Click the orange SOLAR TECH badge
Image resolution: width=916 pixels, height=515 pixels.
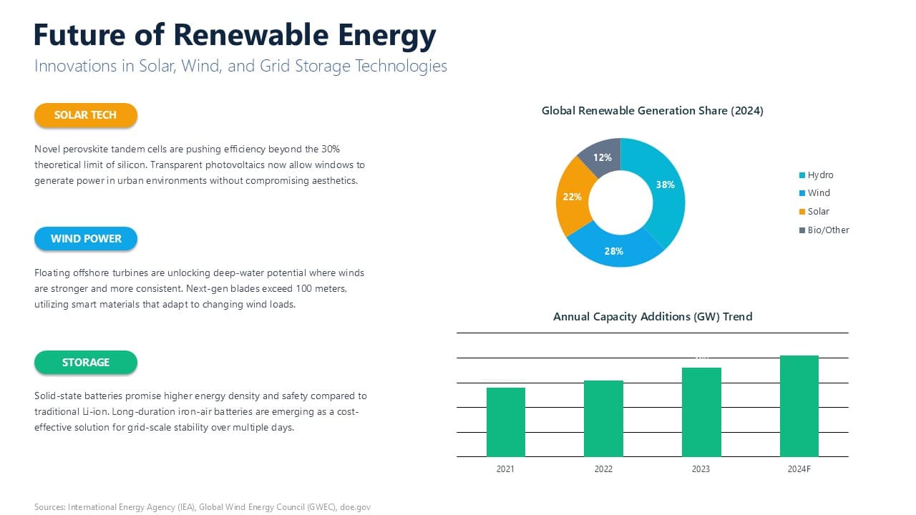pyautogui.click(x=85, y=115)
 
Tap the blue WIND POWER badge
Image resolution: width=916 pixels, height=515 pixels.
pyautogui.click(x=85, y=239)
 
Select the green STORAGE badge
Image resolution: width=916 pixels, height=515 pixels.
pyautogui.click(x=85, y=363)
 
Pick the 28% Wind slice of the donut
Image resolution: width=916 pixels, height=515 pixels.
pyautogui.click(x=614, y=251)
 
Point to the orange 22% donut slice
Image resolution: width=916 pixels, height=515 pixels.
pyautogui.click(x=572, y=197)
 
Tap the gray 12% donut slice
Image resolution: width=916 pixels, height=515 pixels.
pyautogui.click(x=602, y=155)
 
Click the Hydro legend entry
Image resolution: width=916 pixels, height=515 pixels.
pyautogui.click(x=820, y=175)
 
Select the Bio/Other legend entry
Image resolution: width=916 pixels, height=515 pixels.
pyautogui.click(x=828, y=230)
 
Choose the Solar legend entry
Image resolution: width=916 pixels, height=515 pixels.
pyautogui.click(x=818, y=212)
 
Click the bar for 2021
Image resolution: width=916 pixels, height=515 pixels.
pyautogui.click(x=506, y=422)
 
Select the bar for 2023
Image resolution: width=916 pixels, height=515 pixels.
pyautogui.click(x=701, y=412)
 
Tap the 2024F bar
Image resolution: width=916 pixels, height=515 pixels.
pyautogui.click(x=799, y=406)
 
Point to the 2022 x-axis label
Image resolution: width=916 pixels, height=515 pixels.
pyautogui.click(x=603, y=469)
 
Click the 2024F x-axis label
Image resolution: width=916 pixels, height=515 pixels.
pyautogui.click(x=799, y=469)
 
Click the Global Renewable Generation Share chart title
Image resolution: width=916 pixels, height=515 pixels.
pyautogui.click(x=652, y=111)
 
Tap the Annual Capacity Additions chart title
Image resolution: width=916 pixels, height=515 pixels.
pyautogui.click(x=652, y=316)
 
